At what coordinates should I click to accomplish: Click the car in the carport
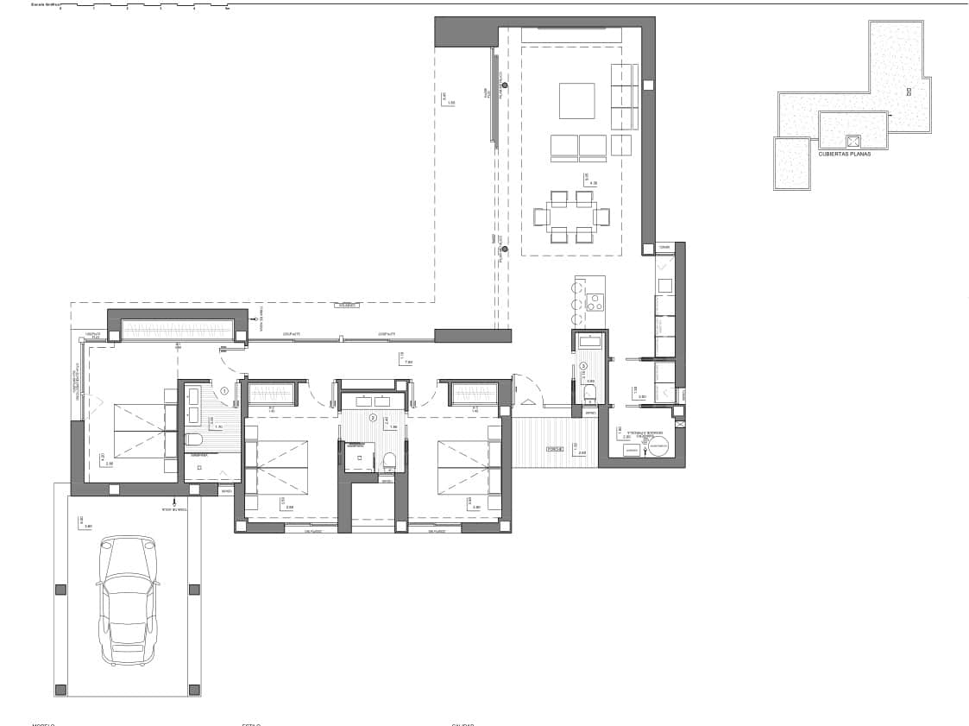click(x=129, y=600)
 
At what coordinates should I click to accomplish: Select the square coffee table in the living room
click(x=576, y=100)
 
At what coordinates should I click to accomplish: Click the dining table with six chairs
click(x=570, y=217)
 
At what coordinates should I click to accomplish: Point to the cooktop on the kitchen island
click(x=595, y=302)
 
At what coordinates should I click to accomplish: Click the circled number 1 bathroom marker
click(x=224, y=391)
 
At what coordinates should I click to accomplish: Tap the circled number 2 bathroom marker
click(x=373, y=418)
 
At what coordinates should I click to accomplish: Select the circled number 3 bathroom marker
click(x=583, y=365)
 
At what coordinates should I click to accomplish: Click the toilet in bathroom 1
click(x=194, y=439)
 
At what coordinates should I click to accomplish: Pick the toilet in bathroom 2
click(x=388, y=459)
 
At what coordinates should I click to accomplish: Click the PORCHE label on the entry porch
click(x=554, y=450)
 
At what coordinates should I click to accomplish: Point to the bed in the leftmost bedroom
click(x=138, y=430)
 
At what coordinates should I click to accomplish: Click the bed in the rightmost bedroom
click(x=467, y=467)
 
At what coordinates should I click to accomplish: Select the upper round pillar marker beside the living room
click(x=505, y=85)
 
